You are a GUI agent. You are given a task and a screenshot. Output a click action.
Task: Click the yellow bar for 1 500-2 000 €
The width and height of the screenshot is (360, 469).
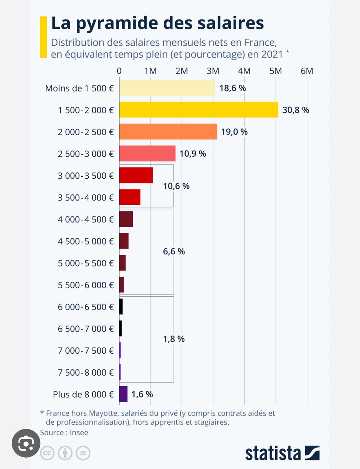click(x=199, y=110)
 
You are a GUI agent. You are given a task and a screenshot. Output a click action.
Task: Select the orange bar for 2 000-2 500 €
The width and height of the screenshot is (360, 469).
click(x=168, y=132)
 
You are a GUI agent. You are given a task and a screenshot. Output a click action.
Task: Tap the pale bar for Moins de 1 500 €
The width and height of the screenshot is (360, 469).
click(x=167, y=88)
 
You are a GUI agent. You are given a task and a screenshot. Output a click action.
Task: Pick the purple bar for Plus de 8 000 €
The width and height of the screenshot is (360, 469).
click(x=123, y=394)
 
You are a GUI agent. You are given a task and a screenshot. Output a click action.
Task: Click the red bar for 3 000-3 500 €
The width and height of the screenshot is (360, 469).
click(x=136, y=175)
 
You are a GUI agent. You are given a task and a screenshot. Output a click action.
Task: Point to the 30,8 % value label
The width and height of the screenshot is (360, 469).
click(x=296, y=110)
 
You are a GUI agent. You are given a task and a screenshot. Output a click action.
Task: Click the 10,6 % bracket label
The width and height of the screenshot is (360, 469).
click(x=176, y=186)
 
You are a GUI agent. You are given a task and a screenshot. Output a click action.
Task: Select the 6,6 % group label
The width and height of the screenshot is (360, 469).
click(x=174, y=252)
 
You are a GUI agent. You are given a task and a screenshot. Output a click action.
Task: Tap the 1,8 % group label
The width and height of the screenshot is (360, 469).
click(x=174, y=339)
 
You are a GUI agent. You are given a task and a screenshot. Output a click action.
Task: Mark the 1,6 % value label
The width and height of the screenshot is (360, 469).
click(x=142, y=394)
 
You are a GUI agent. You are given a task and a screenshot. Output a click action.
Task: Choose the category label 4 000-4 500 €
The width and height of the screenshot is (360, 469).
click(x=85, y=219)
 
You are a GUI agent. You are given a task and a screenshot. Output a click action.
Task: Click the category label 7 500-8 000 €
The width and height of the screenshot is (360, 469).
click(x=85, y=372)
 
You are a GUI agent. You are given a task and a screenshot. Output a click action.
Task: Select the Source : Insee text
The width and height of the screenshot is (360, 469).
click(x=64, y=432)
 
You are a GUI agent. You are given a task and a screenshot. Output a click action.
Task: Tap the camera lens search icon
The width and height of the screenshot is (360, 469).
click(x=25, y=444)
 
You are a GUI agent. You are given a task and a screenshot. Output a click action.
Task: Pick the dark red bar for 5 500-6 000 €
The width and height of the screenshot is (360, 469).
click(x=122, y=285)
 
